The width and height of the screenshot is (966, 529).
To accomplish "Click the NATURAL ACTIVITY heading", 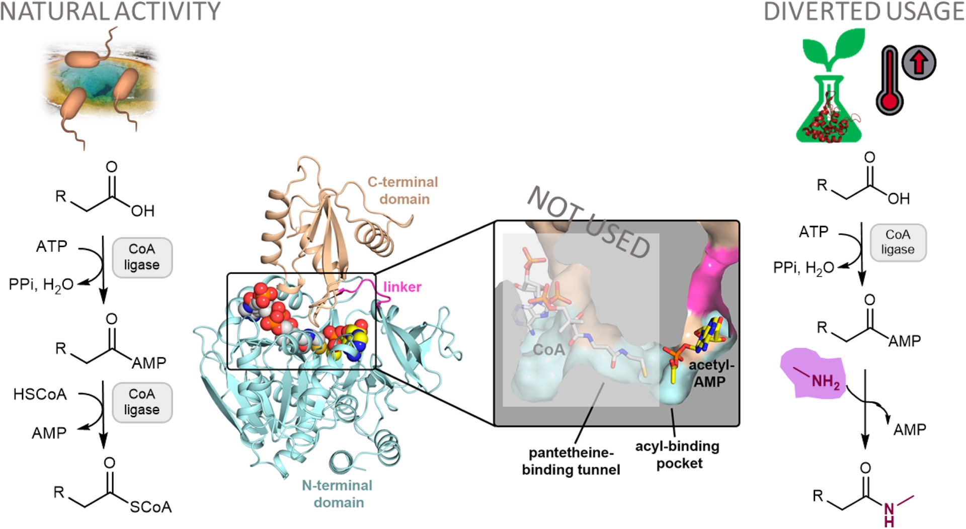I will pyautogui.click(x=110, y=12).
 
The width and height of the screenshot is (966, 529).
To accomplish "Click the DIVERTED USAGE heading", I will pyautogui.click(x=863, y=12).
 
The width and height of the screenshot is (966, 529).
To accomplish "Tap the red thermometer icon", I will pyautogui.click(x=890, y=81).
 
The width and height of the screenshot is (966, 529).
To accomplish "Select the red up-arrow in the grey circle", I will pyautogui.click(x=919, y=63).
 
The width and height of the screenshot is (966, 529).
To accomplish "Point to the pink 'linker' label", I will pyautogui.click(x=402, y=287).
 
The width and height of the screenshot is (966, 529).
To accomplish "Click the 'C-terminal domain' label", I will pyautogui.click(x=403, y=190).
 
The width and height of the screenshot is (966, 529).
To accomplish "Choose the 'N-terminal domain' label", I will pyautogui.click(x=338, y=494).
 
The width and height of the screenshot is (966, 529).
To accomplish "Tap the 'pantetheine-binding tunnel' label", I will pyautogui.click(x=571, y=461).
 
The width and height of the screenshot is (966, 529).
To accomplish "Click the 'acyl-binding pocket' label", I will pyautogui.click(x=677, y=454).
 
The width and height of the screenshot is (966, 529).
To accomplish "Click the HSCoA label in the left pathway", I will pyautogui.click(x=40, y=394).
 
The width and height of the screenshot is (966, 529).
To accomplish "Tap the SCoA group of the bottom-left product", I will pyautogui.click(x=150, y=506).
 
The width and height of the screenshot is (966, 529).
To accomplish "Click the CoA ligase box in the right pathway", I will pyautogui.click(x=898, y=243).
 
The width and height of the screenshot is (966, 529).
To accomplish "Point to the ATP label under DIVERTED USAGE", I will pyautogui.click(x=813, y=232).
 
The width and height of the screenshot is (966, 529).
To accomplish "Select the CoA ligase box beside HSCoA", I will pyautogui.click(x=142, y=402).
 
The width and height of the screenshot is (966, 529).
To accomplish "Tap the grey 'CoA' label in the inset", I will pyautogui.click(x=548, y=349).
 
